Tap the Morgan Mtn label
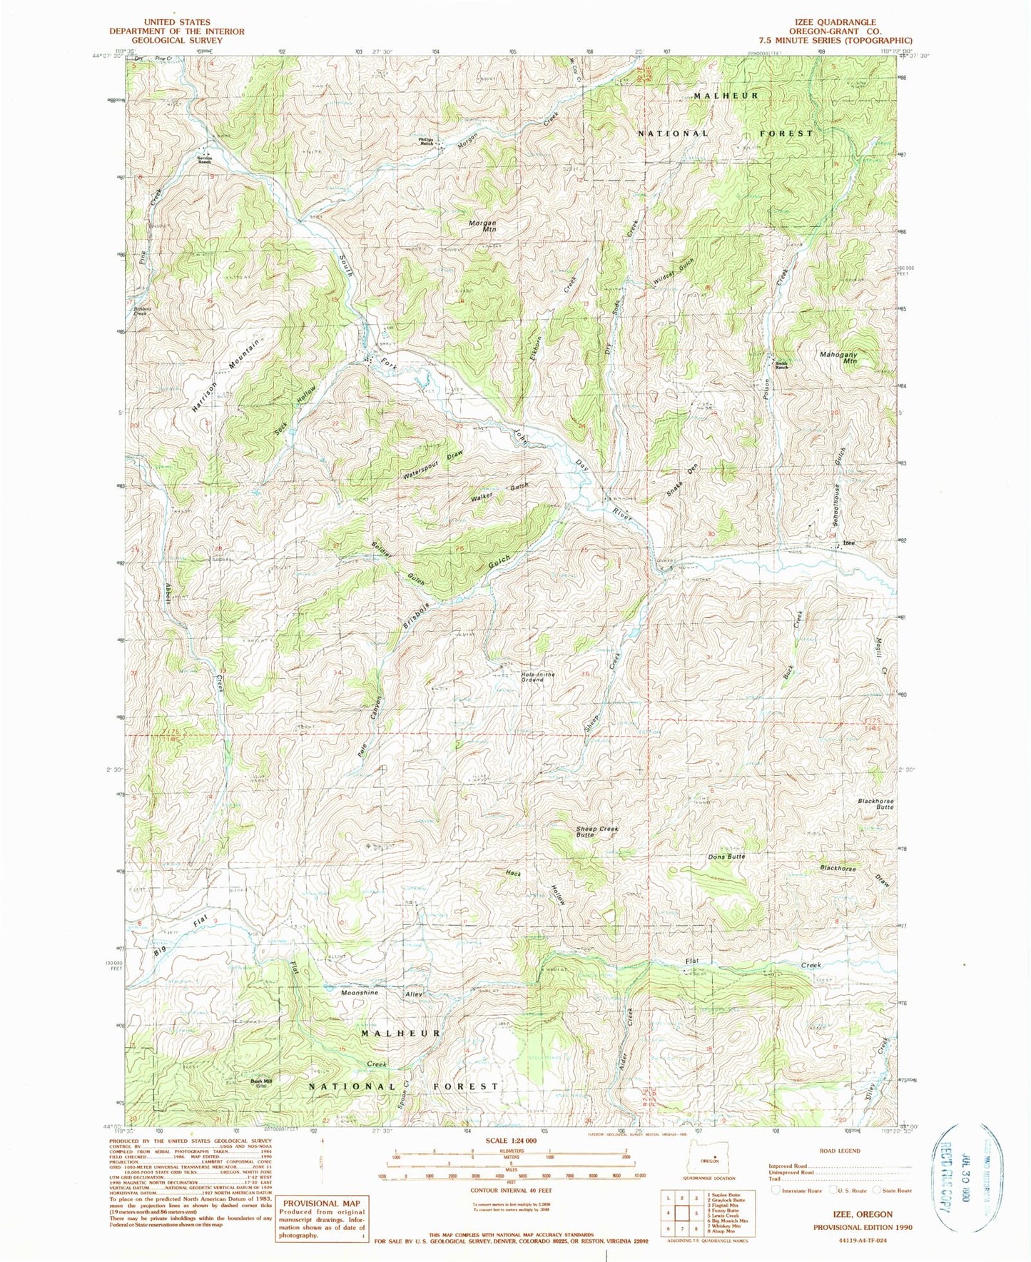pos(482,226)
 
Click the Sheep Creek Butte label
pos(597,832)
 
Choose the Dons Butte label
pos(726,856)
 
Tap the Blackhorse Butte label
pos(875,804)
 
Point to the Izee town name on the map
pos(849,543)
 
